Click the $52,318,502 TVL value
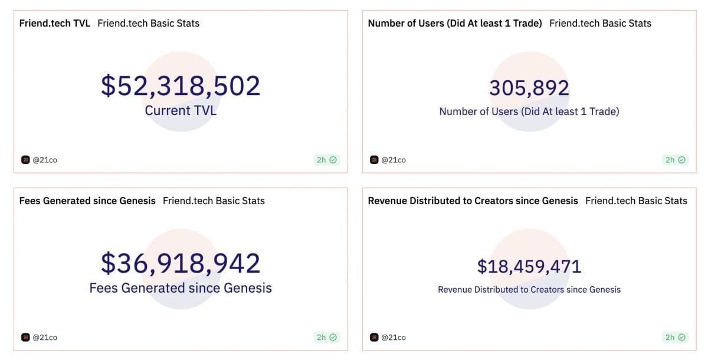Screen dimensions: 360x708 181,86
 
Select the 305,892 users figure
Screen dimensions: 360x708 529,88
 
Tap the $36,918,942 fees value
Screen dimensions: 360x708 181,263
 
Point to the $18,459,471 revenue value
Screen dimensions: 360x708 529,266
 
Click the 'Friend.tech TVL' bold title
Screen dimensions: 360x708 55,24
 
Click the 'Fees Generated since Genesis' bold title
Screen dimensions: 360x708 87,201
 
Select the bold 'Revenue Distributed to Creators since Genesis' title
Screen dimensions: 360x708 473,201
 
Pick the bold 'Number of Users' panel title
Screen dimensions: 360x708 455,24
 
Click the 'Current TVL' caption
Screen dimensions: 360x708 181,110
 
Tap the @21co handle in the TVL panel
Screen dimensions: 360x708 45,160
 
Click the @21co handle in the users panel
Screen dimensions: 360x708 394,160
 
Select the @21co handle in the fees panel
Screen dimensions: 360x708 45,338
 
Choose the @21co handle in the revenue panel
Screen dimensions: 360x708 394,338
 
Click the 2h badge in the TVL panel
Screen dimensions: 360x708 327,160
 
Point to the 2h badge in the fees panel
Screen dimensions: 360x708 327,338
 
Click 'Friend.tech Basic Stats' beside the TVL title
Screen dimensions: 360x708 148,24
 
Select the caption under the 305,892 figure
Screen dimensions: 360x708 529,112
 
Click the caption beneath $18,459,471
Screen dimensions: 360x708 529,290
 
